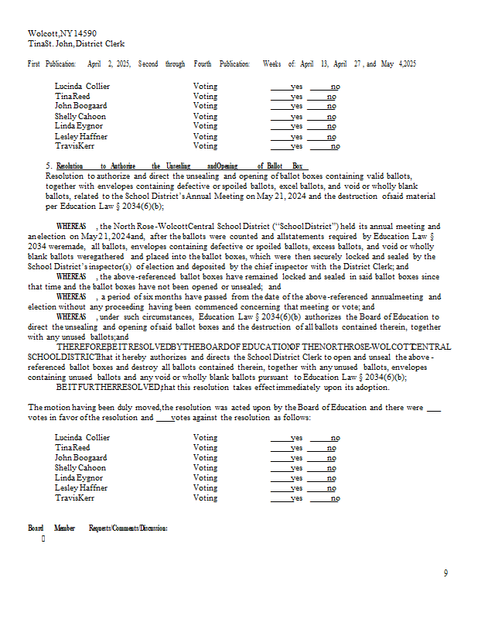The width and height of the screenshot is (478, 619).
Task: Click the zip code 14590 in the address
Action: (84, 34)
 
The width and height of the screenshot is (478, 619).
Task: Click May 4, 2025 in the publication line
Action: (398, 64)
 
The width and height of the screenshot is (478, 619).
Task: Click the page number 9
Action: (446, 573)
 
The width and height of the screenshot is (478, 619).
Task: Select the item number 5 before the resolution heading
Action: (48, 166)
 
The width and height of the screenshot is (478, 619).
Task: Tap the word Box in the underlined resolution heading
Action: (297, 166)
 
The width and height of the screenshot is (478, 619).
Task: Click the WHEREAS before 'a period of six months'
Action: (71, 296)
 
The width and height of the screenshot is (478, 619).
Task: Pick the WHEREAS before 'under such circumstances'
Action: (71, 316)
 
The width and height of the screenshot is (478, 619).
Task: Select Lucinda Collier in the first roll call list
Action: (82, 87)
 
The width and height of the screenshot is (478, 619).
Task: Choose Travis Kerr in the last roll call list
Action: (74, 498)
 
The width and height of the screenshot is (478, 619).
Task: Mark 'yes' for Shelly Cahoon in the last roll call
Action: (296, 468)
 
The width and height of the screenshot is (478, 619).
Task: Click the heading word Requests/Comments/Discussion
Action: (128, 528)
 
